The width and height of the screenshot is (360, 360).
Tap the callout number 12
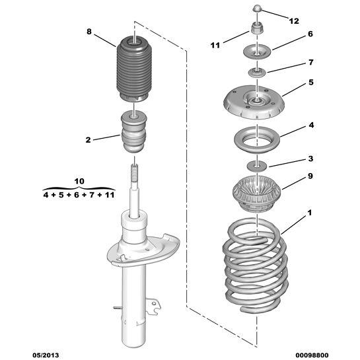coord(294,20)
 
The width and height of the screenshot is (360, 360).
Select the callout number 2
coord(88,139)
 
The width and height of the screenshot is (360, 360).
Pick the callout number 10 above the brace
coord(79,180)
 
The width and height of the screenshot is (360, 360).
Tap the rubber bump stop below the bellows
coord(134,133)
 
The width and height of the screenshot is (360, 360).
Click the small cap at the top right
coord(257,9)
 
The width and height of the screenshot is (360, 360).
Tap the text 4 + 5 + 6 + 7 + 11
coord(79,195)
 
